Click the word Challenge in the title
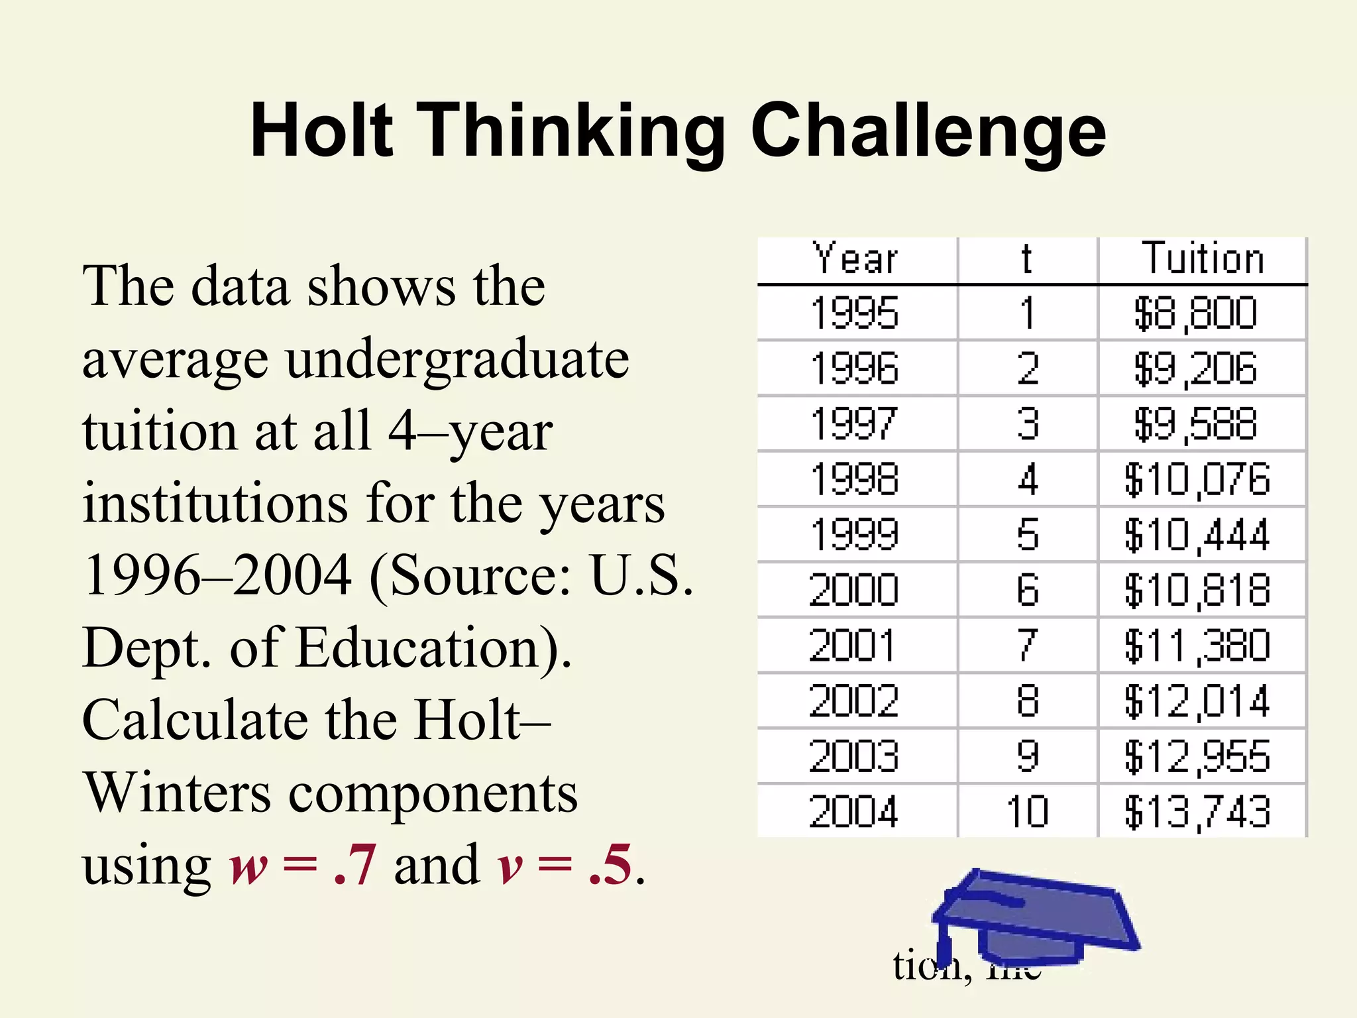pos(928,131)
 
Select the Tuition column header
pos(1203,258)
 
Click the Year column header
pos(855,258)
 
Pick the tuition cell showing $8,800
pos(1196,313)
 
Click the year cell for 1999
pos(855,535)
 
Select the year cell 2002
pos(855,701)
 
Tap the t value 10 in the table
pos(1028,812)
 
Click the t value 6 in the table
pos(1028,591)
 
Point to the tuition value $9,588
pos(1196,424)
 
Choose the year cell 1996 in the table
pos(855,369)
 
